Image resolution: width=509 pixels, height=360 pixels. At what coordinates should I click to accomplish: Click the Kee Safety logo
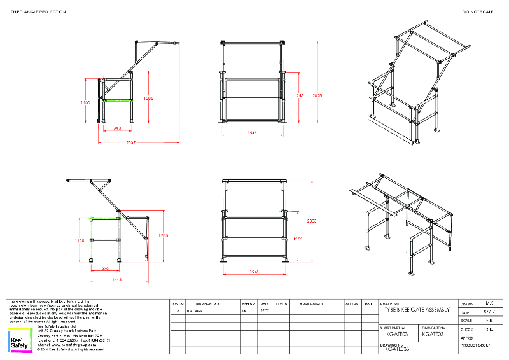click(x=18, y=340)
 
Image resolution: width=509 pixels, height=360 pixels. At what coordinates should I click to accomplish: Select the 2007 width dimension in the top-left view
click(x=130, y=142)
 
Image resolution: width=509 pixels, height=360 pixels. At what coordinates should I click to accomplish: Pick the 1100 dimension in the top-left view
click(x=86, y=102)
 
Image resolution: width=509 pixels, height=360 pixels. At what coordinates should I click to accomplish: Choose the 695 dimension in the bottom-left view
click(x=106, y=268)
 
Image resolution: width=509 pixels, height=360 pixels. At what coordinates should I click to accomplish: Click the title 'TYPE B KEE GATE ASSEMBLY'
click(x=417, y=310)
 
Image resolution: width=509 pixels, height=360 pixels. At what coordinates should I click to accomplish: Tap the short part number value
click(x=393, y=333)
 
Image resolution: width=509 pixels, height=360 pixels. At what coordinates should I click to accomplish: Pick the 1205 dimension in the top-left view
click(x=148, y=99)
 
